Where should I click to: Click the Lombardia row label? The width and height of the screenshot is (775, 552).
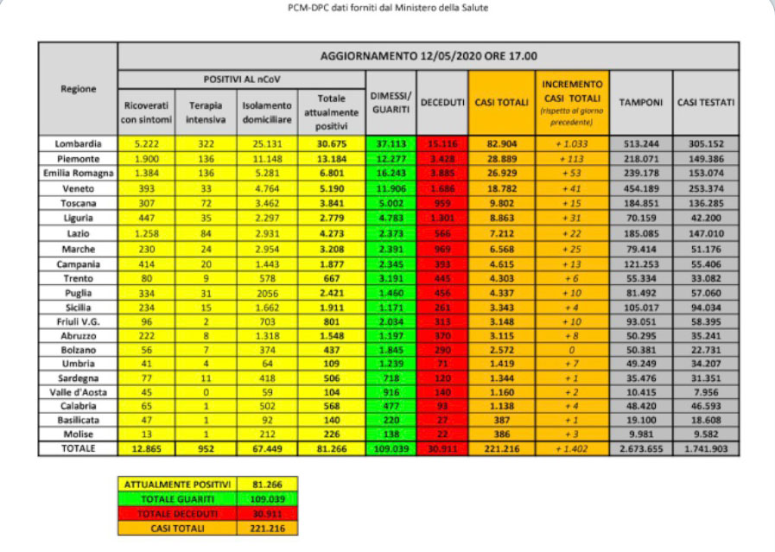78,143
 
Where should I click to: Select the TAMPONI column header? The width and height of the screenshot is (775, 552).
641,103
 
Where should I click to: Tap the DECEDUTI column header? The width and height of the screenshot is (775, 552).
442,103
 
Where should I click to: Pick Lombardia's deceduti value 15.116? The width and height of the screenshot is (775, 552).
442,143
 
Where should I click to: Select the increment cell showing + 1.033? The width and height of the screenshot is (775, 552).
573,143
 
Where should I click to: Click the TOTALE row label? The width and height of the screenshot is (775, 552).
78,448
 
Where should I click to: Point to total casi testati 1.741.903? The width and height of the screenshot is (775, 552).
706,449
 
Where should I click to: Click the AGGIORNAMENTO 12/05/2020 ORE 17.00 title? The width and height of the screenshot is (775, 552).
428,56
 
